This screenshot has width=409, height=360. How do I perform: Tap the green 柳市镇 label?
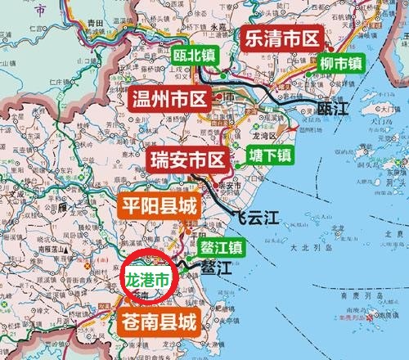(341, 62)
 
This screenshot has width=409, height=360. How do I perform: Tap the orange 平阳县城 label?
(160, 205)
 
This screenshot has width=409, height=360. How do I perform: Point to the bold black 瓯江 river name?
(334, 107)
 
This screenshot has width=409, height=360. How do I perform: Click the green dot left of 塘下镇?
(238, 164)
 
